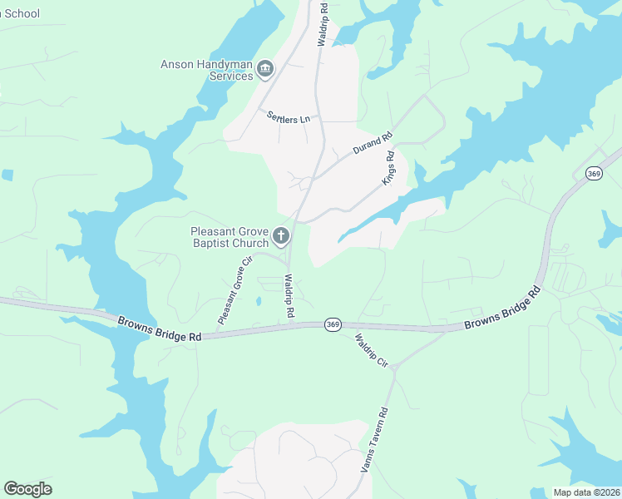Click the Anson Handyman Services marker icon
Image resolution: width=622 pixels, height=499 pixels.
pos(265,68)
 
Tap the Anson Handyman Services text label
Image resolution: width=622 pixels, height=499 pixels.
pos(207,70)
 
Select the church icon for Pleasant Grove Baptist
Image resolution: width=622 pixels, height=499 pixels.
pos(281,237)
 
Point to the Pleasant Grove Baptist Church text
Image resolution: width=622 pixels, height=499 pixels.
pos(230,237)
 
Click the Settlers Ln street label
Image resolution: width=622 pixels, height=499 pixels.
pos(288,117)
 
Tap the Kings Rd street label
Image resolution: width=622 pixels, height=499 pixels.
pos(388,167)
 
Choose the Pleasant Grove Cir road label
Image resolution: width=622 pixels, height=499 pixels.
pos(234,290)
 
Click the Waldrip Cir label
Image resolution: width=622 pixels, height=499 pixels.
pos(372,351)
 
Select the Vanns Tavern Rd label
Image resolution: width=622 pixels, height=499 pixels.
pos(374,440)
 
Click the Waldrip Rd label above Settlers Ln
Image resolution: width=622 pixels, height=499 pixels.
pos(323,23)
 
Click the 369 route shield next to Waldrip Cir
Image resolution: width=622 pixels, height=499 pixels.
pos(333,324)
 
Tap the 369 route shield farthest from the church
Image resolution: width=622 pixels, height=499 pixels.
pos(593,173)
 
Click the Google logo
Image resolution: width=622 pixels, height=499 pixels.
pos(27,489)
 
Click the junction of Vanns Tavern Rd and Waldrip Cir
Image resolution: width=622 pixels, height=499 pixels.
pos(395,368)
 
